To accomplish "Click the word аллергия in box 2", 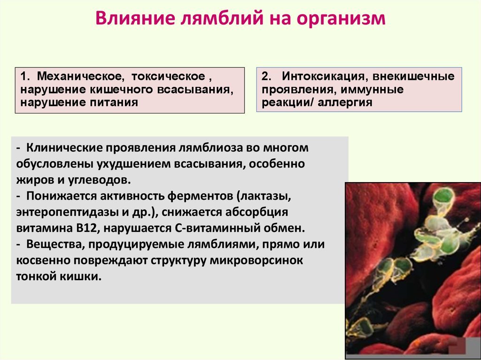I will pyautogui.click(x=345, y=102).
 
